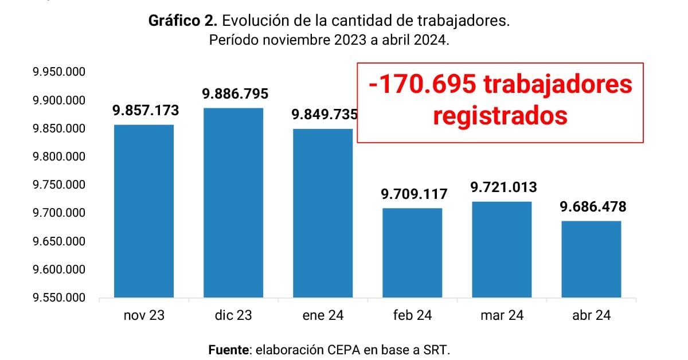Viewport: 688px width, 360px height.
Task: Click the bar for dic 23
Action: point(233,203)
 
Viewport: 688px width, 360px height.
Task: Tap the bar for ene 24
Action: point(323,213)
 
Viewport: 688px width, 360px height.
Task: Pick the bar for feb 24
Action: point(412,253)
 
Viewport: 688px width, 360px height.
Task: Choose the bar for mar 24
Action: point(502,249)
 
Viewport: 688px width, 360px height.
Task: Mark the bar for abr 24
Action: point(591,259)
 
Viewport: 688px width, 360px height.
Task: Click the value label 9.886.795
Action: point(235,93)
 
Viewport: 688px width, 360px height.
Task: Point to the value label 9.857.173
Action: point(146,111)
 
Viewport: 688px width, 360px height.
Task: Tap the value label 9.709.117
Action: point(414,194)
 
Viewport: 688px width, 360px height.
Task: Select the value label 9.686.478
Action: point(593,206)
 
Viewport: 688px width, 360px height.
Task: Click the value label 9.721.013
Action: point(503,187)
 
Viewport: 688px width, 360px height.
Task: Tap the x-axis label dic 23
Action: point(233,315)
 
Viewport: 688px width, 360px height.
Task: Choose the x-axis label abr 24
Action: point(591,315)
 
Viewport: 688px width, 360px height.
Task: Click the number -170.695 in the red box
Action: point(422,85)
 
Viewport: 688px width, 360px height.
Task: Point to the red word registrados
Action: point(500,116)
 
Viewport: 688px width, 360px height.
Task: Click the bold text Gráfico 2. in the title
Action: point(182,21)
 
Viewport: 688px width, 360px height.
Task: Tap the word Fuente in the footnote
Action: point(229,349)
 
